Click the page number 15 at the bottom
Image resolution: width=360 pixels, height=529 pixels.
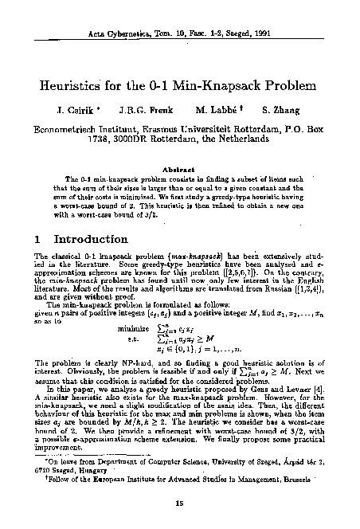(x=179, y=503)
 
